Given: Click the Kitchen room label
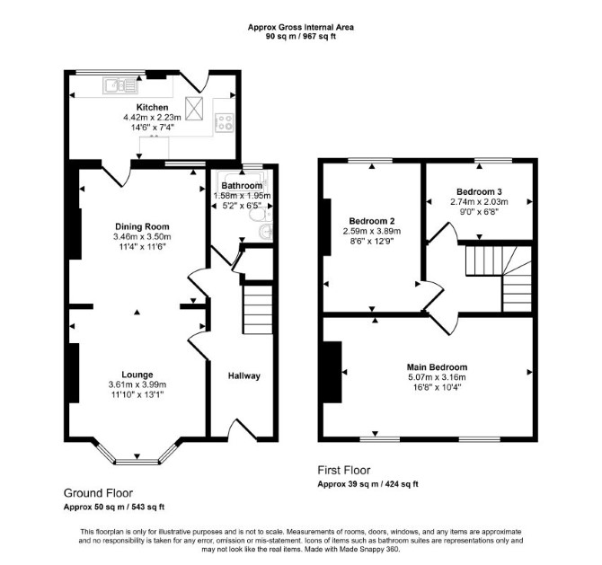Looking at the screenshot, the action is [153, 107].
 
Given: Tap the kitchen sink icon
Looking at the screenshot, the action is [120, 85].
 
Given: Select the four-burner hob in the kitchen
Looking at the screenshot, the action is [225, 122].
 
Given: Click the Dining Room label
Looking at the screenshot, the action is [142, 226].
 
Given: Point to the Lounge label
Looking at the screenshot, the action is [137, 375].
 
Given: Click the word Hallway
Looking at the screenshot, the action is [244, 375].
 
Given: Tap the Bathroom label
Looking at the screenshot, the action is [242, 185].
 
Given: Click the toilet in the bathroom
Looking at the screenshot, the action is [260, 215].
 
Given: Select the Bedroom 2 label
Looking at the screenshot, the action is [372, 221].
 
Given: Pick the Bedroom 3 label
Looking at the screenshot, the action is [479, 191].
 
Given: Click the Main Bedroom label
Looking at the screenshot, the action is [437, 367].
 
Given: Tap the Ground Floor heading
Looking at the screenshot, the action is [98, 493].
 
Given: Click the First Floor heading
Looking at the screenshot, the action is [344, 470].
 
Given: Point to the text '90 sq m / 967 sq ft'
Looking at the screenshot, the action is [301, 37].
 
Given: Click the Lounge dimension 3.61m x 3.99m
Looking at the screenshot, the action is [137, 384].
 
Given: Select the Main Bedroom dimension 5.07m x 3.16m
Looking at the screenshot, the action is [437, 377].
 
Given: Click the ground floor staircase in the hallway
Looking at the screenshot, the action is [258, 309].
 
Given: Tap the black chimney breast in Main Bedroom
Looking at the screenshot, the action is [332, 372].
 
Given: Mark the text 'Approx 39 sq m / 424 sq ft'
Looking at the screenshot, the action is [367, 484].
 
